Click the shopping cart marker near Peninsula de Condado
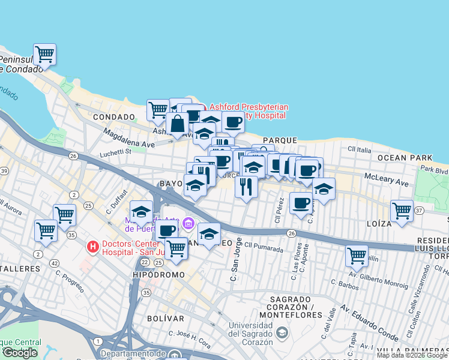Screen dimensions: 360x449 [44, 55]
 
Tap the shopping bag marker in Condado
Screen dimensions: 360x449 [178, 124]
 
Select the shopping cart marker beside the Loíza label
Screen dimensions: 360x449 [402, 211]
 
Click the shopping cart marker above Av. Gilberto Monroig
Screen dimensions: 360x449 [357, 256]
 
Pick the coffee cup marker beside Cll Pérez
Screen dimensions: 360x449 [301, 202]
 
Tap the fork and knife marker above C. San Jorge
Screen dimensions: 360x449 [246, 187]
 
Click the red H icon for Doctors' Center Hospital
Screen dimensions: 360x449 [92, 246]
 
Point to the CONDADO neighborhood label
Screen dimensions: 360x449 [113, 116]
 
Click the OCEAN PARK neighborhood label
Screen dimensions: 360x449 [405, 157]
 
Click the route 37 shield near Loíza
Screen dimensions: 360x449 [419, 210]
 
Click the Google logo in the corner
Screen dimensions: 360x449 [20, 353]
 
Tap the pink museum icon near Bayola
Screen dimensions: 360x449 [188, 224]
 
